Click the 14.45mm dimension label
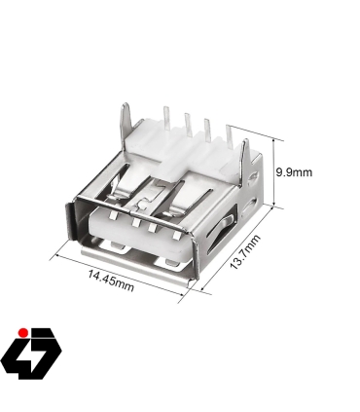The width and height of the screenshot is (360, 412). click(x=109, y=280)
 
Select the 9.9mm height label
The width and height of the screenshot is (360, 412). click(x=294, y=172)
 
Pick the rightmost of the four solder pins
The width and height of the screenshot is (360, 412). click(x=230, y=134)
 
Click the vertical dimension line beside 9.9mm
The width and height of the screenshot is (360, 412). click(x=275, y=173)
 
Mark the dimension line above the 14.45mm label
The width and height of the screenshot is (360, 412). click(x=117, y=268)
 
